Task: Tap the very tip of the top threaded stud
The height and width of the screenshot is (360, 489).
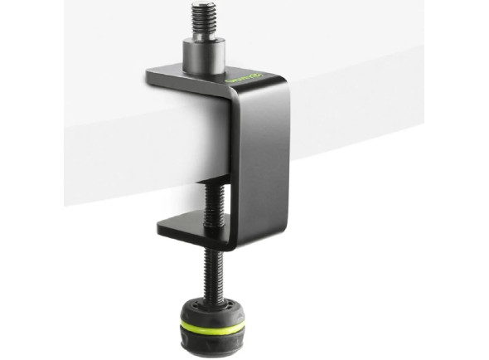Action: [201, 5]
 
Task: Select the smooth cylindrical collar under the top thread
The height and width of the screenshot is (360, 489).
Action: [202, 56]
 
